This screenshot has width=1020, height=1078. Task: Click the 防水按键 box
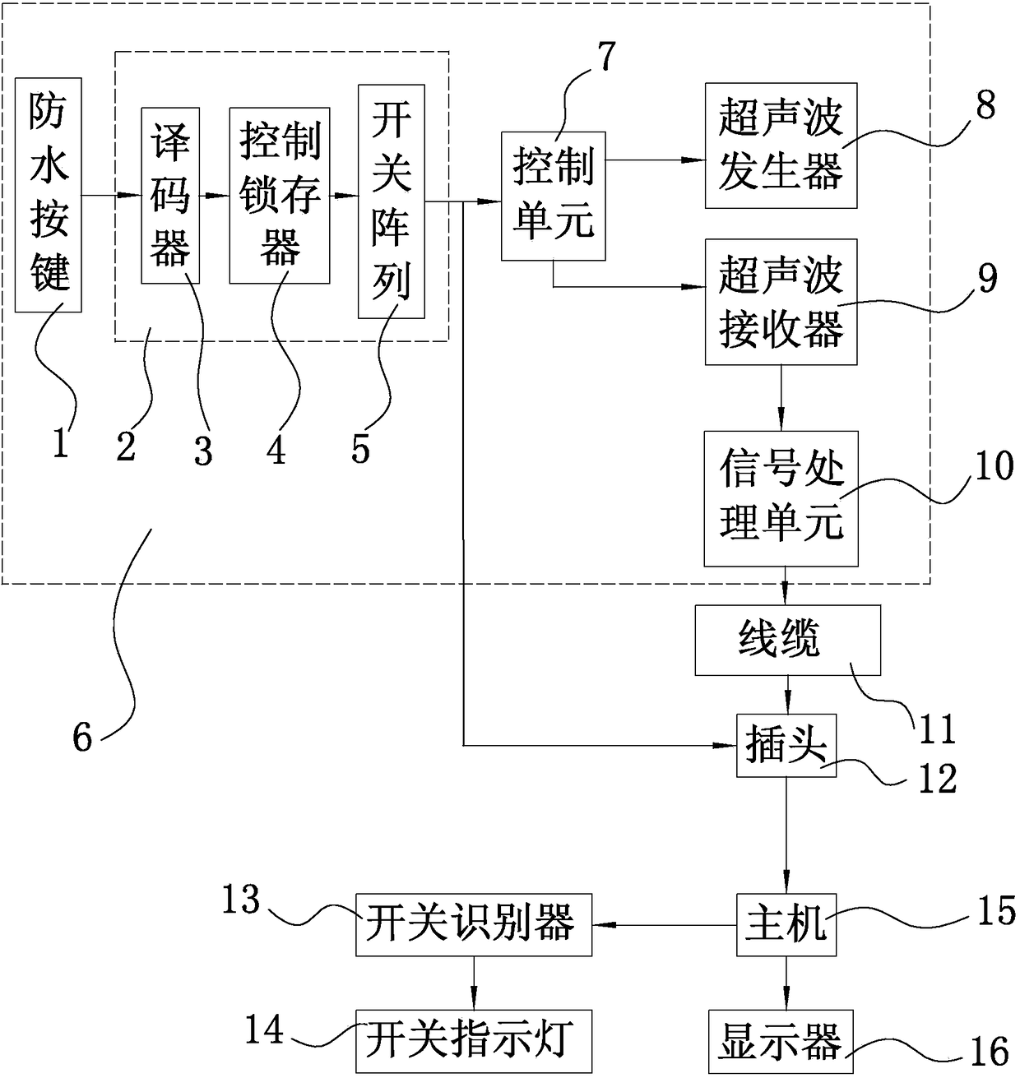click(49, 195)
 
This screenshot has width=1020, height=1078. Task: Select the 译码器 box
click(170, 195)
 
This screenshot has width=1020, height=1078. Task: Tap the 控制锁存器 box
click(280, 195)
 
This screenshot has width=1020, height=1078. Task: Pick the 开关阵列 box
click(392, 201)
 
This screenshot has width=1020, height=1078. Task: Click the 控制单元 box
click(553, 196)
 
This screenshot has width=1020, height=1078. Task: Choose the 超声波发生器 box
click(781, 146)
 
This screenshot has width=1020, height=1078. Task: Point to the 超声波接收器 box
click(781, 302)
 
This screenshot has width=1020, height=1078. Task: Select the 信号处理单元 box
click(781, 498)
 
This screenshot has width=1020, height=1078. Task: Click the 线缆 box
click(787, 640)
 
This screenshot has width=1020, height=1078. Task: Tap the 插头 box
click(786, 745)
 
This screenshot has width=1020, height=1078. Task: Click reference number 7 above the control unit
click(605, 57)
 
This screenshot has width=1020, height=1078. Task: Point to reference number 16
click(990, 1052)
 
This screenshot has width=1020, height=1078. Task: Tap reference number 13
click(240, 900)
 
